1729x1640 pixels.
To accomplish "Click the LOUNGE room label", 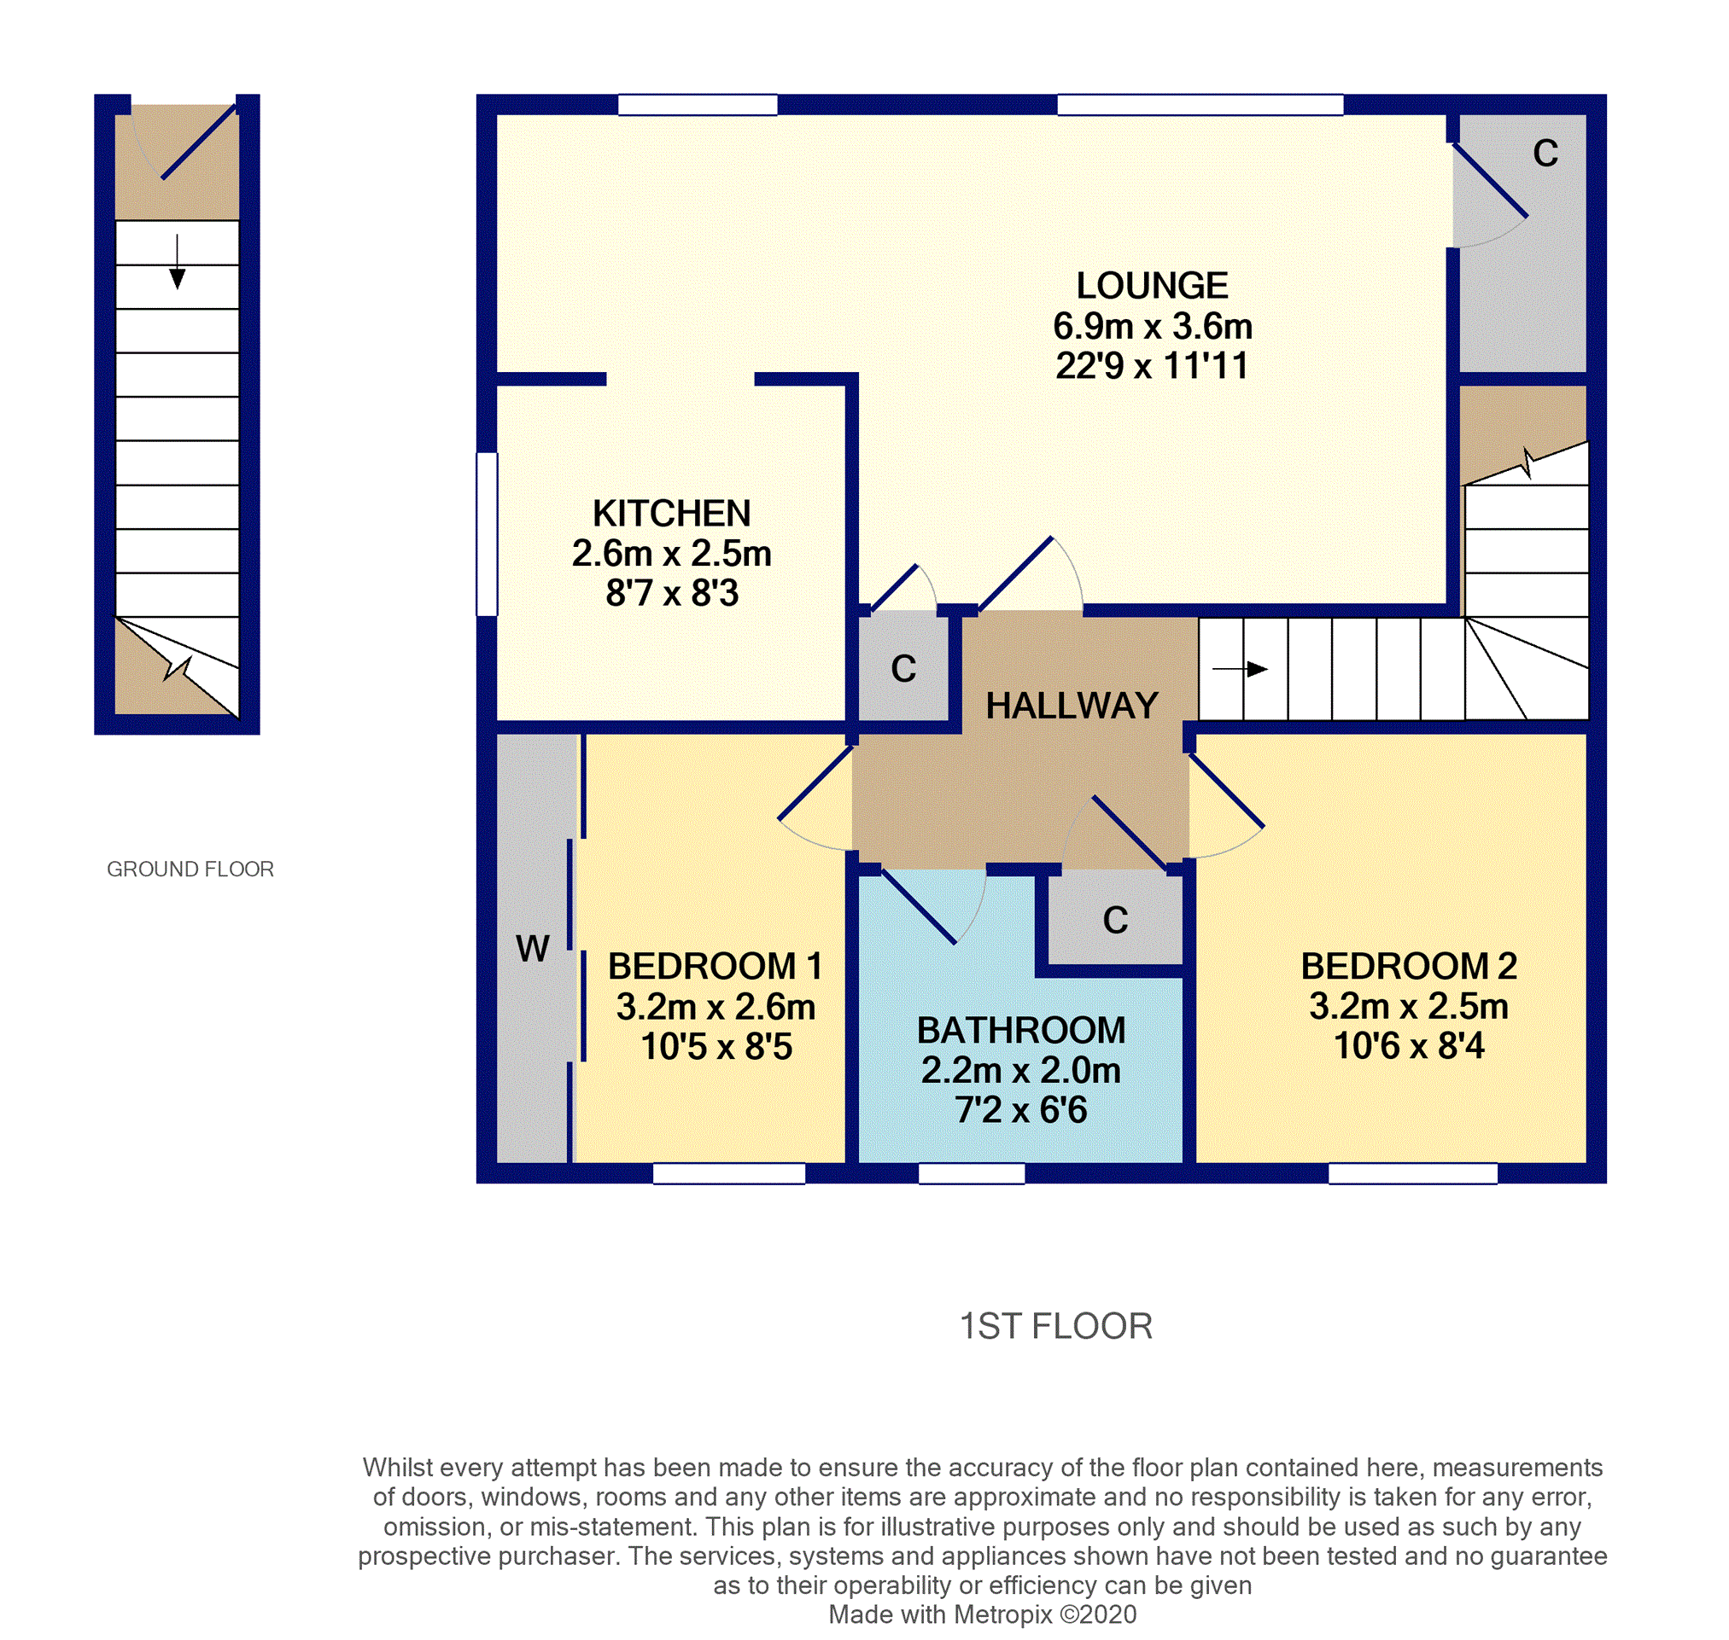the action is tap(1152, 286).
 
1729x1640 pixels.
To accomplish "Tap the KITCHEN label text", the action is tap(672, 513).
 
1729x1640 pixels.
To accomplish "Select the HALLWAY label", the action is tap(1072, 706).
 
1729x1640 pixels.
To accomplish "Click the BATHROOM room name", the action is tap(1020, 1030).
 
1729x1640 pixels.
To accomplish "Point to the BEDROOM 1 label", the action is tap(716, 966).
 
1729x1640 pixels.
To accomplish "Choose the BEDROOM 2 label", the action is tap(1409, 966).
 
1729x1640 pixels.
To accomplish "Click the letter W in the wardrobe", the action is tap(533, 949).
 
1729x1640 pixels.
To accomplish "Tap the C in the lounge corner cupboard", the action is tap(1545, 153).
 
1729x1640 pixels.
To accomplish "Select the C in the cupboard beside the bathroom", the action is tap(1115, 920).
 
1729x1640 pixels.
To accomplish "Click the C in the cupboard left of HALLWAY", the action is tap(903, 669).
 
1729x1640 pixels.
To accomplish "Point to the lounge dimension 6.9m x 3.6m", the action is tap(1153, 326).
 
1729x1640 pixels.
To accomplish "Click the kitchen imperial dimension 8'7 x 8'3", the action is tap(672, 593).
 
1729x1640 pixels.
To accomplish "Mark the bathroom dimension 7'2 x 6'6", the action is tap(1020, 1109).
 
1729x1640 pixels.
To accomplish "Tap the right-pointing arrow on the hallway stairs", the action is tap(1239, 669).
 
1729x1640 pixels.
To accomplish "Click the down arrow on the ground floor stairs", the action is tap(178, 261).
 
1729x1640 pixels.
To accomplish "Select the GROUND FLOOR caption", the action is tap(190, 869).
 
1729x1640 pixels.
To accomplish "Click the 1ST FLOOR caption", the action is tap(1055, 1326).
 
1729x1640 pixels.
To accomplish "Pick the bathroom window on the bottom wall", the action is tap(972, 1173).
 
